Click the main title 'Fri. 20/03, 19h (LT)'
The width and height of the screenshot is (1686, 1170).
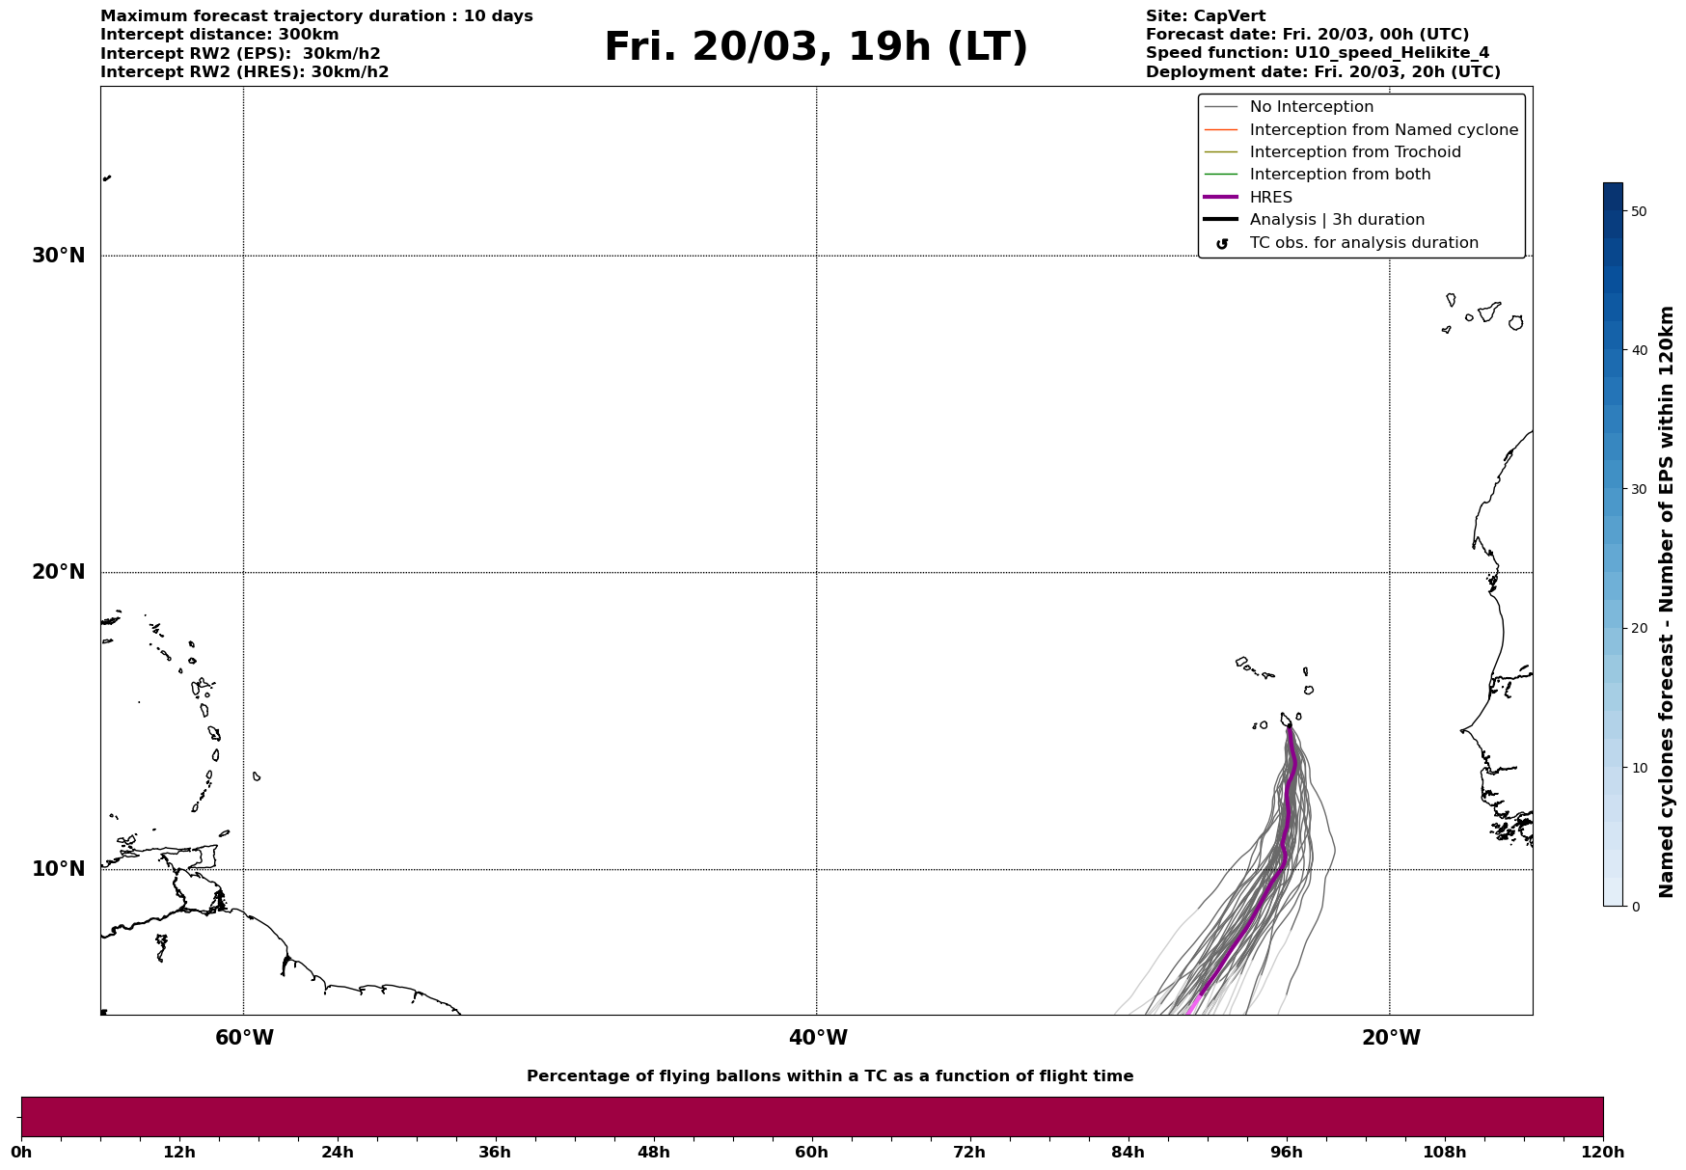pyautogui.click(x=816, y=47)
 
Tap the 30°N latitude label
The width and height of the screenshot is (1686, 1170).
pyautogui.click(x=58, y=256)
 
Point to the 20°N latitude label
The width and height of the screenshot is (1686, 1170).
pyautogui.click(x=58, y=572)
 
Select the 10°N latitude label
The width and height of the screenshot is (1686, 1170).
pyautogui.click(x=58, y=869)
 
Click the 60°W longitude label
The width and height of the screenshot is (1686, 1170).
pyautogui.click(x=244, y=1038)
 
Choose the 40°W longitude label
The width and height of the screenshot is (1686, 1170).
pyautogui.click(x=818, y=1038)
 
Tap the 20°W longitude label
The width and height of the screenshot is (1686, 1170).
pyautogui.click(x=1391, y=1038)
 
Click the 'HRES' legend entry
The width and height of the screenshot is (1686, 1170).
pyautogui.click(x=1270, y=198)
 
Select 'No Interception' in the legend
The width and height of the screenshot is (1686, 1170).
pyautogui.click(x=1311, y=107)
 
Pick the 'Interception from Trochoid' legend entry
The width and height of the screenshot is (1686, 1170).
pyautogui.click(x=1354, y=152)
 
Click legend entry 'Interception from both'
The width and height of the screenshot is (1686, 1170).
pyautogui.click(x=1340, y=175)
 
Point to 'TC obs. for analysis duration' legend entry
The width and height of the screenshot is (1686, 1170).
pyautogui.click(x=1363, y=243)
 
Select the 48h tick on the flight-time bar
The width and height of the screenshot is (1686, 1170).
pyautogui.click(x=653, y=1153)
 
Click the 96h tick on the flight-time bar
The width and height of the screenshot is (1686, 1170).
pyautogui.click(x=1286, y=1153)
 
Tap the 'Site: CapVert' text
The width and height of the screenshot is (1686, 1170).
pyautogui.click(x=1205, y=16)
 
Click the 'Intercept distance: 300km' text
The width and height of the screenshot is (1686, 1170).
pyautogui.click(x=219, y=35)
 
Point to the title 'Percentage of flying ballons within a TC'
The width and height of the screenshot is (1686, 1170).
pyautogui.click(x=829, y=1076)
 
